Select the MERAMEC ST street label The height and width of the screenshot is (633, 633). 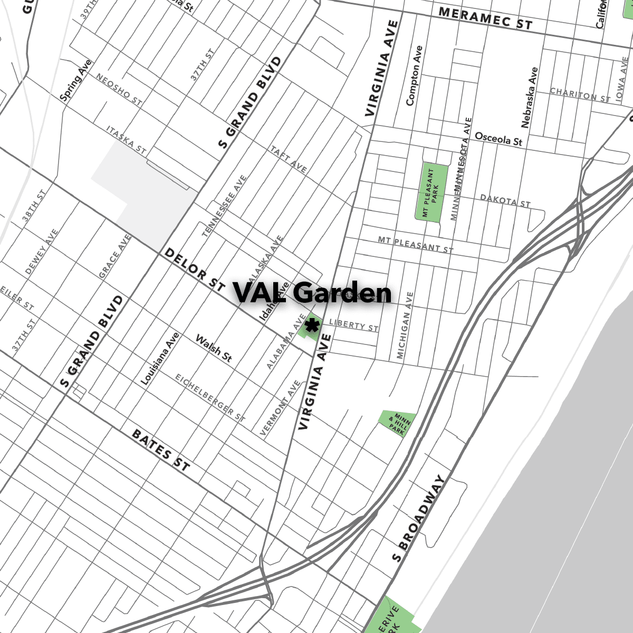[485, 18]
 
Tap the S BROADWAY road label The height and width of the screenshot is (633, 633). [419, 518]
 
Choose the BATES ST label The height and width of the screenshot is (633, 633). [160, 450]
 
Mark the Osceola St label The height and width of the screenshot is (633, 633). [498, 139]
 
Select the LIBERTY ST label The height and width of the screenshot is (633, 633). [353, 325]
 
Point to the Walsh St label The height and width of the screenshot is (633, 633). [214, 348]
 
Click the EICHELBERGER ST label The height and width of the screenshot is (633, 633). [210, 398]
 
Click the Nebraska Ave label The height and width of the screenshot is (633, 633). [530, 97]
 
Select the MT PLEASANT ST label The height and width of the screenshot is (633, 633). [416, 244]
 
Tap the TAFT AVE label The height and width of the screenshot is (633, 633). [289, 158]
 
